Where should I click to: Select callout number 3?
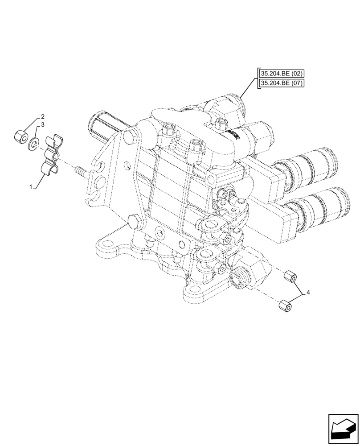click(x=43, y=125)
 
